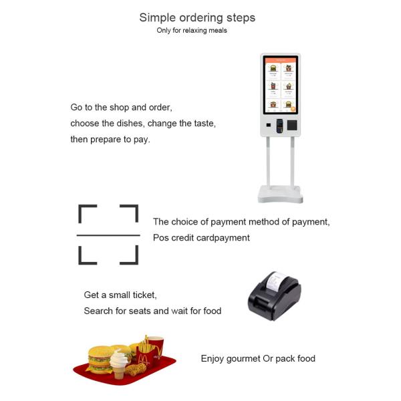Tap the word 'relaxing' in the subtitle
coord(196,31)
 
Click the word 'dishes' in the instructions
coord(130,124)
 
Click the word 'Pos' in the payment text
coord(161,237)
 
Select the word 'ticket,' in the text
coord(144,295)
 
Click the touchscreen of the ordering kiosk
coord(281,85)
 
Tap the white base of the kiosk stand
coord(280,194)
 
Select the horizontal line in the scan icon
coord(108,235)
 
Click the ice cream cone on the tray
coord(119,364)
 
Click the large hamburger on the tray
coord(101,360)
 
